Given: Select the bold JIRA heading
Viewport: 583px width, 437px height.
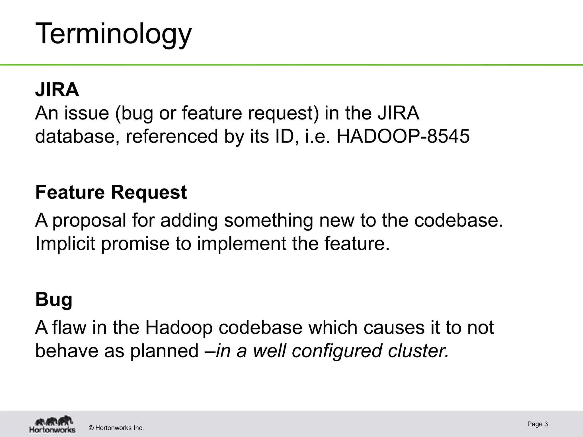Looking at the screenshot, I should point(57,90).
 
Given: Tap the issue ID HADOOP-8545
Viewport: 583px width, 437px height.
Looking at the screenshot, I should point(403,136).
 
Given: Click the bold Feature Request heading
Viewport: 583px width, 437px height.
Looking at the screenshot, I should point(111,192).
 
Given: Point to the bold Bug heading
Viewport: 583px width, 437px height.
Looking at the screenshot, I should point(54,300).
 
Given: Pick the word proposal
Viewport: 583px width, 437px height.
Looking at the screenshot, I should point(89,221).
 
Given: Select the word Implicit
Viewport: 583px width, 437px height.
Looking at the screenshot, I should point(65,244).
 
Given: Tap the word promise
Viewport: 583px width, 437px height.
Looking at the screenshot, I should point(135,244).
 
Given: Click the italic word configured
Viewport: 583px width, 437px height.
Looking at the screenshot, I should point(337,351).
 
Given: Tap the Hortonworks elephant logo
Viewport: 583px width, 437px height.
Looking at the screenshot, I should point(52,424).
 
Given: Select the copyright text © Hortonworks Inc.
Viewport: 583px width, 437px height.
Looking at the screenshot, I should point(116,428).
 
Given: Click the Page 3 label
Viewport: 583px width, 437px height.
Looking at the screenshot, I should point(537,424).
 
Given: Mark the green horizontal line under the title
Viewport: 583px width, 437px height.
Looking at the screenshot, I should point(291,65).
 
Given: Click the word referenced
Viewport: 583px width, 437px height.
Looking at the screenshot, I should point(172,136).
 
